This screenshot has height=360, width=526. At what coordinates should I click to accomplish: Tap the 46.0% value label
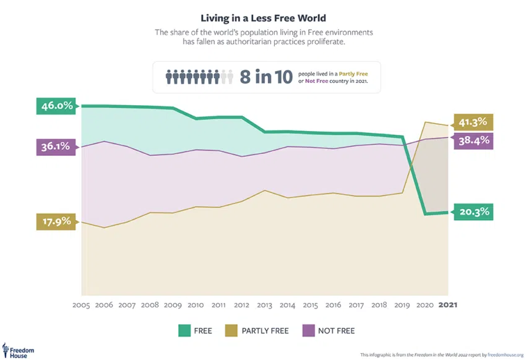(57, 106)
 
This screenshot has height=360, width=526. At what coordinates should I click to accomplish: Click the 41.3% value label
(473, 122)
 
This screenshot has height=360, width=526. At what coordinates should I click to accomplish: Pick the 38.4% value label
(473, 140)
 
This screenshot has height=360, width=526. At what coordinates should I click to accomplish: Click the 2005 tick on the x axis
(82, 305)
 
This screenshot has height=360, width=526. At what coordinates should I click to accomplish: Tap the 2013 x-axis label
(265, 305)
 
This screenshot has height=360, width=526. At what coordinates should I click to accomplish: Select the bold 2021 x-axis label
(449, 305)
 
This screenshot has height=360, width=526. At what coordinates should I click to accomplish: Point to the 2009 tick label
(173, 305)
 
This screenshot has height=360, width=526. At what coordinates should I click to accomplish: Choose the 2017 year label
(356, 305)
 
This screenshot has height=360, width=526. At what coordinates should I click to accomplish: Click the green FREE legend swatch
(184, 331)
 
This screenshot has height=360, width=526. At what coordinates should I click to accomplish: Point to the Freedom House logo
(19, 350)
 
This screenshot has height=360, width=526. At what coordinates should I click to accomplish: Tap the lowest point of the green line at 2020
(425, 215)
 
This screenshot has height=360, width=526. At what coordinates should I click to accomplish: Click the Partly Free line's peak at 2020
(425, 122)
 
